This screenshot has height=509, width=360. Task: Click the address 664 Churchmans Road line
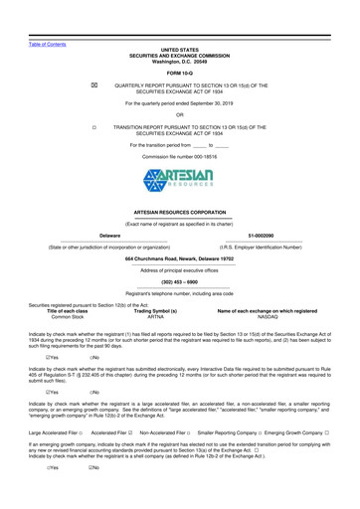click(179, 286)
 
